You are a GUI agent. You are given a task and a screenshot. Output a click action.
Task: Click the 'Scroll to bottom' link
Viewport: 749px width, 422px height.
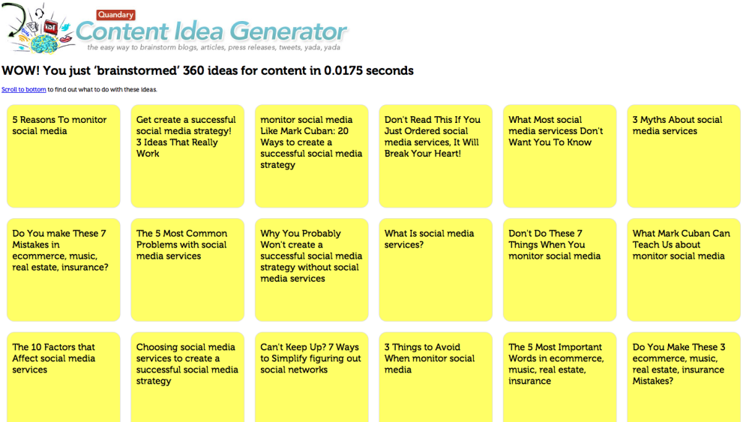pos(24,89)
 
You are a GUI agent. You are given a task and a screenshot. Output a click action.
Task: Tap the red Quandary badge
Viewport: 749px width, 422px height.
pos(115,15)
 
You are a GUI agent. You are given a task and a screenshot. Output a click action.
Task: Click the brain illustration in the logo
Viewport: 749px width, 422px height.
pos(44,43)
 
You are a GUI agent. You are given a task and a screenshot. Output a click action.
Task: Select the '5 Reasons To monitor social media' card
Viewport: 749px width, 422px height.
pos(64,156)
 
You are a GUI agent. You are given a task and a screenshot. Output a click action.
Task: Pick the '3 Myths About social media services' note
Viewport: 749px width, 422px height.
pos(684,156)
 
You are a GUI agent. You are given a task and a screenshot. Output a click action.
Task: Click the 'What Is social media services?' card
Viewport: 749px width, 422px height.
pos(436,270)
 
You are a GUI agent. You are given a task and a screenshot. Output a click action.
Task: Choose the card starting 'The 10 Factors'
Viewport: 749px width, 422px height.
pos(64,377)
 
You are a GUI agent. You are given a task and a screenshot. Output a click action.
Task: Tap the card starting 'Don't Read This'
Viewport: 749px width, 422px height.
pos(436,156)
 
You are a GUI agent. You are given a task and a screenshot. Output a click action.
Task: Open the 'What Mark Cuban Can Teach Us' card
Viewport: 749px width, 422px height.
pos(684,270)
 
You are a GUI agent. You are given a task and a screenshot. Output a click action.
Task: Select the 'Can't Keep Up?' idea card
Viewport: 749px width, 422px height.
pos(311,377)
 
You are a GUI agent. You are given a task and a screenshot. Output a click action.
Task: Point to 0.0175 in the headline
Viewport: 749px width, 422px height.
pos(343,70)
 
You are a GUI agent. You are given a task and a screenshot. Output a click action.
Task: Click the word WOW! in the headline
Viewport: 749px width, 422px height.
pos(20,70)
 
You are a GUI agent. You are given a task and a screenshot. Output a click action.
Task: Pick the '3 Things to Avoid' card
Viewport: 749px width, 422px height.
pos(436,377)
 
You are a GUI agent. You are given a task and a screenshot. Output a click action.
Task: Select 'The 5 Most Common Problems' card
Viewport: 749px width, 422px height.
pos(187,270)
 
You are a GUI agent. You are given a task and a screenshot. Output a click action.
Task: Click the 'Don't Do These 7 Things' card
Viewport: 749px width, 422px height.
pos(559,270)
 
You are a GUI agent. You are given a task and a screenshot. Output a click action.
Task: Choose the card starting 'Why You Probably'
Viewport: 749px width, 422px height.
pos(311,270)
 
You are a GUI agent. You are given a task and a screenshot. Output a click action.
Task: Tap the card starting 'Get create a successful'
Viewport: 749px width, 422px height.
pos(187,156)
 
